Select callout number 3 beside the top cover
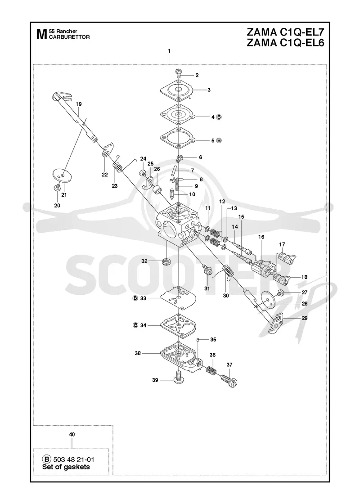click(209, 90)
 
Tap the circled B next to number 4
click(219, 117)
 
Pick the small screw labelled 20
click(57, 188)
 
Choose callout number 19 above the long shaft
click(79, 104)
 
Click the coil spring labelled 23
click(117, 167)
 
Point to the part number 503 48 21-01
click(73, 459)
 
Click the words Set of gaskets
click(66, 467)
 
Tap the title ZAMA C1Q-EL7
click(285, 32)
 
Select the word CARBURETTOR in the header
click(69, 37)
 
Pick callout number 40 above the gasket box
click(72, 434)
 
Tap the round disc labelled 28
click(268, 300)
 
